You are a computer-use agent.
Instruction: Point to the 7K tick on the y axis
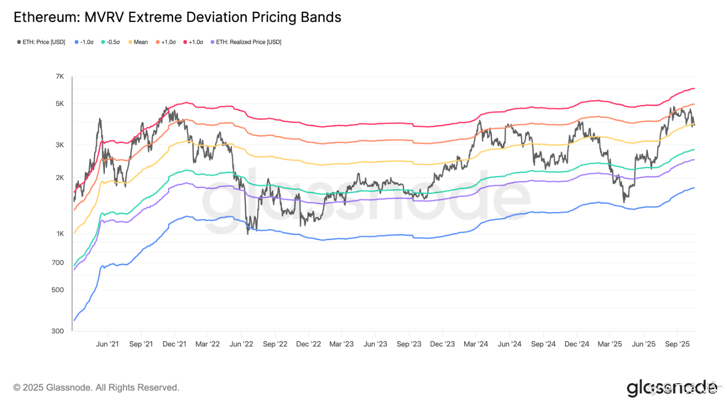[60, 76]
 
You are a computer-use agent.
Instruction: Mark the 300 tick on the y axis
[59, 331]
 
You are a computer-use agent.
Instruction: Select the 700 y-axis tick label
[59, 263]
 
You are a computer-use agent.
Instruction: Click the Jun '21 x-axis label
[107, 344]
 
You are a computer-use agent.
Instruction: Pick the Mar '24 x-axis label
[476, 344]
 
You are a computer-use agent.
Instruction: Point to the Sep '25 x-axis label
[678, 344]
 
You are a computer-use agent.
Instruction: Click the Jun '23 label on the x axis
[376, 344]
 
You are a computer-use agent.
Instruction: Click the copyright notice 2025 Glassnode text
[96, 388]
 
